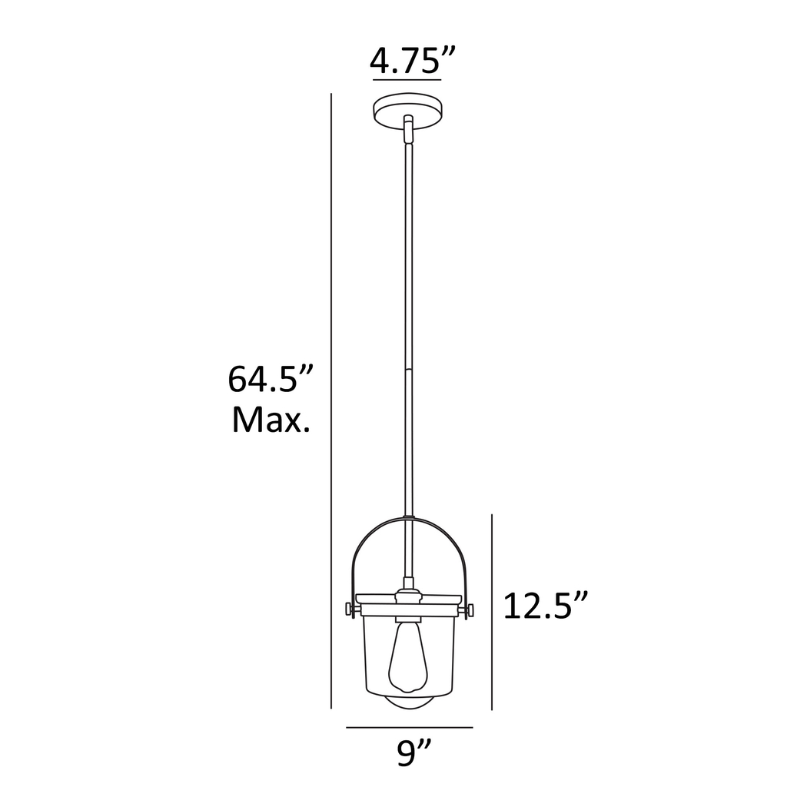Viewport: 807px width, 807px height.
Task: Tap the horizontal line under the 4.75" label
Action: pos(406,79)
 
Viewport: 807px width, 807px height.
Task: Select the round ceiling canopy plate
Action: pos(407,110)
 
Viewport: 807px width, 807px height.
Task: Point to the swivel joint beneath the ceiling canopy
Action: pos(409,128)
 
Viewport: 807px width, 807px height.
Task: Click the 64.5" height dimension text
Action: pos(272,380)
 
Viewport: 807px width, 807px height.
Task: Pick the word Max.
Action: pos(271,420)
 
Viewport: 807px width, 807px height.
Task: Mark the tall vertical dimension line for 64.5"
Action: pos(330,400)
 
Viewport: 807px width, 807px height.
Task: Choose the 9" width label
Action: pos(414,754)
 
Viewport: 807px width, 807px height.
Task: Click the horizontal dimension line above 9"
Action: pos(409,727)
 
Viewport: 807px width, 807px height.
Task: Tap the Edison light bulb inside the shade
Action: pos(409,657)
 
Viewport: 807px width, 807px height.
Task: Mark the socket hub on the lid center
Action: pos(409,597)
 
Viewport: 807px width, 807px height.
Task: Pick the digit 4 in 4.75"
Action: pos(380,60)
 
